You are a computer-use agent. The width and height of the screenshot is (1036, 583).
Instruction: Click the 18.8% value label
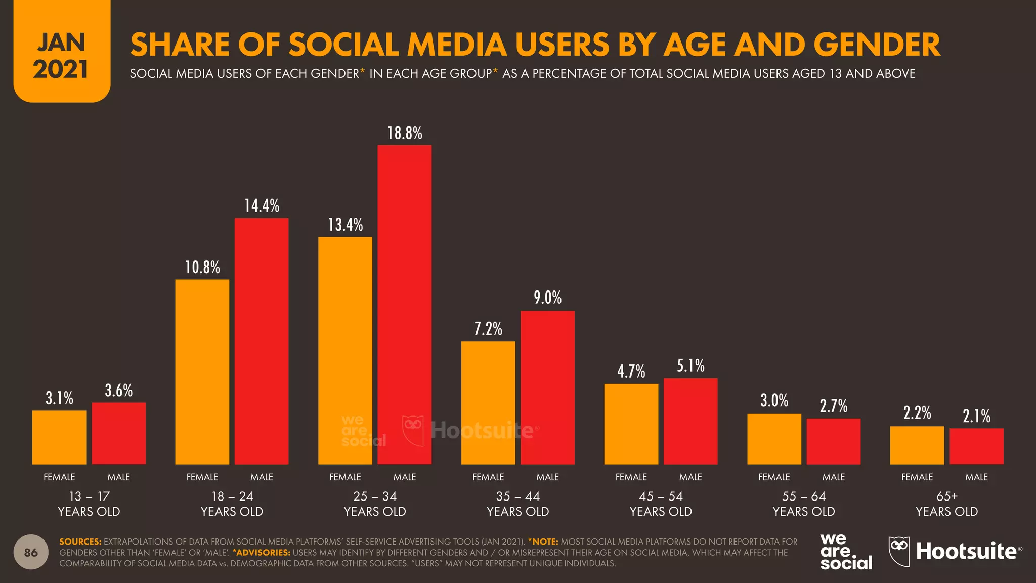tap(405, 133)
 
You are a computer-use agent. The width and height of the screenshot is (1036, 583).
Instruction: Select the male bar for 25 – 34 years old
tap(405, 304)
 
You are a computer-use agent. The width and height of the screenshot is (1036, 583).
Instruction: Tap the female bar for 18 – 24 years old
tap(202, 371)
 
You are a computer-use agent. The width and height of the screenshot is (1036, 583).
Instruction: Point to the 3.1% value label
tap(59, 398)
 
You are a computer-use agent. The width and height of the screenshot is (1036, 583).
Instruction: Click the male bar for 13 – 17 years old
tap(118, 433)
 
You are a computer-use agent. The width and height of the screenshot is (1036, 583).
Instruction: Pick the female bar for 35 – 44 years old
tap(488, 402)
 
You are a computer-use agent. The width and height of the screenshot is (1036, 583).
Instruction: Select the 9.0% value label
tap(547, 298)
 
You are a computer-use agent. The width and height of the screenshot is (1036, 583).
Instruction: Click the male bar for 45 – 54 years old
tap(690, 421)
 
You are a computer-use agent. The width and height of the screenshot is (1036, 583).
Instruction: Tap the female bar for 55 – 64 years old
tap(774, 439)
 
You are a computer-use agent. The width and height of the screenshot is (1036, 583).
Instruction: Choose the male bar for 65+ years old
tap(976, 446)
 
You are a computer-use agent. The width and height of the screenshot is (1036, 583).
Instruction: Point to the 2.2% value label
tap(917, 413)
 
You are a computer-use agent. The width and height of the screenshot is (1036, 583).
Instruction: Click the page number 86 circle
tap(31, 552)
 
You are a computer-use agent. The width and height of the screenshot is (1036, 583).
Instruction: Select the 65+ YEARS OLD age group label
tap(946, 504)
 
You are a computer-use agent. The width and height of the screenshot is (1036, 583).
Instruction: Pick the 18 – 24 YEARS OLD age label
tap(232, 504)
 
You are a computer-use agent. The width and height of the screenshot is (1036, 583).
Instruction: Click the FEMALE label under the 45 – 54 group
tap(631, 477)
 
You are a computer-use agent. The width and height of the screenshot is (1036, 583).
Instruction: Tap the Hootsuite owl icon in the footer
tap(899, 552)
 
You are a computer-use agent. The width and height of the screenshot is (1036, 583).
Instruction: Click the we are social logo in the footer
tap(846, 552)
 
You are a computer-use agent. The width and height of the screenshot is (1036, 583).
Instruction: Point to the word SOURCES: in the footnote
tap(80, 542)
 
